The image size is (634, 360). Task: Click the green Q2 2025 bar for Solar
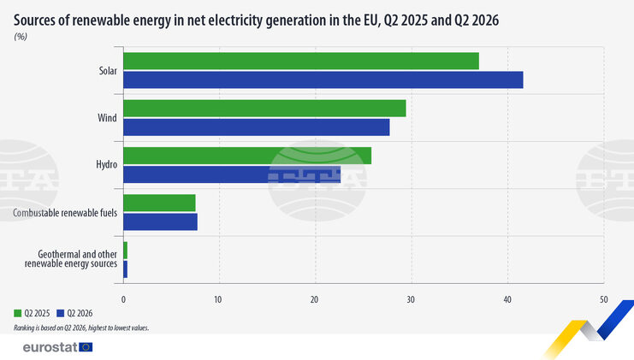pyautogui.click(x=301, y=61)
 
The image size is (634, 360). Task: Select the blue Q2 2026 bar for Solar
pyautogui.click(x=323, y=80)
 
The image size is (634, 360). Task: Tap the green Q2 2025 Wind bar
pyautogui.click(x=265, y=109)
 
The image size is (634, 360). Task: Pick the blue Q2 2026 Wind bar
pyautogui.click(x=257, y=127)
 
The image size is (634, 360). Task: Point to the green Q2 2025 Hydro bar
pyautogui.click(x=247, y=156)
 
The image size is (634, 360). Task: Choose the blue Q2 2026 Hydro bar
pyautogui.click(x=232, y=174)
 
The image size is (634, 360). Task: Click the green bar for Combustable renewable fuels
pyautogui.click(x=160, y=203)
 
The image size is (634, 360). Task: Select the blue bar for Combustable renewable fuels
pyautogui.click(x=161, y=221)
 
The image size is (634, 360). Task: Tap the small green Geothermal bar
pyautogui.click(x=125, y=250)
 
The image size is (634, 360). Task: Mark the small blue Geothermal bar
pyautogui.click(x=125, y=269)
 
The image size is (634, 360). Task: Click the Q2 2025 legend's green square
pyautogui.click(x=17, y=313)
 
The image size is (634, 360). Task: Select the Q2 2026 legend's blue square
pyautogui.click(x=60, y=313)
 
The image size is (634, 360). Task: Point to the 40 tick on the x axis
pyautogui.click(x=507, y=299)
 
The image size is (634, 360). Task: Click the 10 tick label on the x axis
pyautogui.click(x=218, y=299)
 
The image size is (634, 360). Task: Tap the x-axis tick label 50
pyautogui.click(x=603, y=299)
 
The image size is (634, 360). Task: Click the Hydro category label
pyautogui.click(x=107, y=164)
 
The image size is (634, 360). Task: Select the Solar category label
pyautogui.click(x=108, y=71)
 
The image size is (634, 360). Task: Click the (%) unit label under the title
pyautogui.click(x=21, y=37)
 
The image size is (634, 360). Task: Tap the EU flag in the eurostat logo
pyautogui.click(x=86, y=347)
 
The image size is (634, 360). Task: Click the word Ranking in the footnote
pyautogui.click(x=22, y=328)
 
